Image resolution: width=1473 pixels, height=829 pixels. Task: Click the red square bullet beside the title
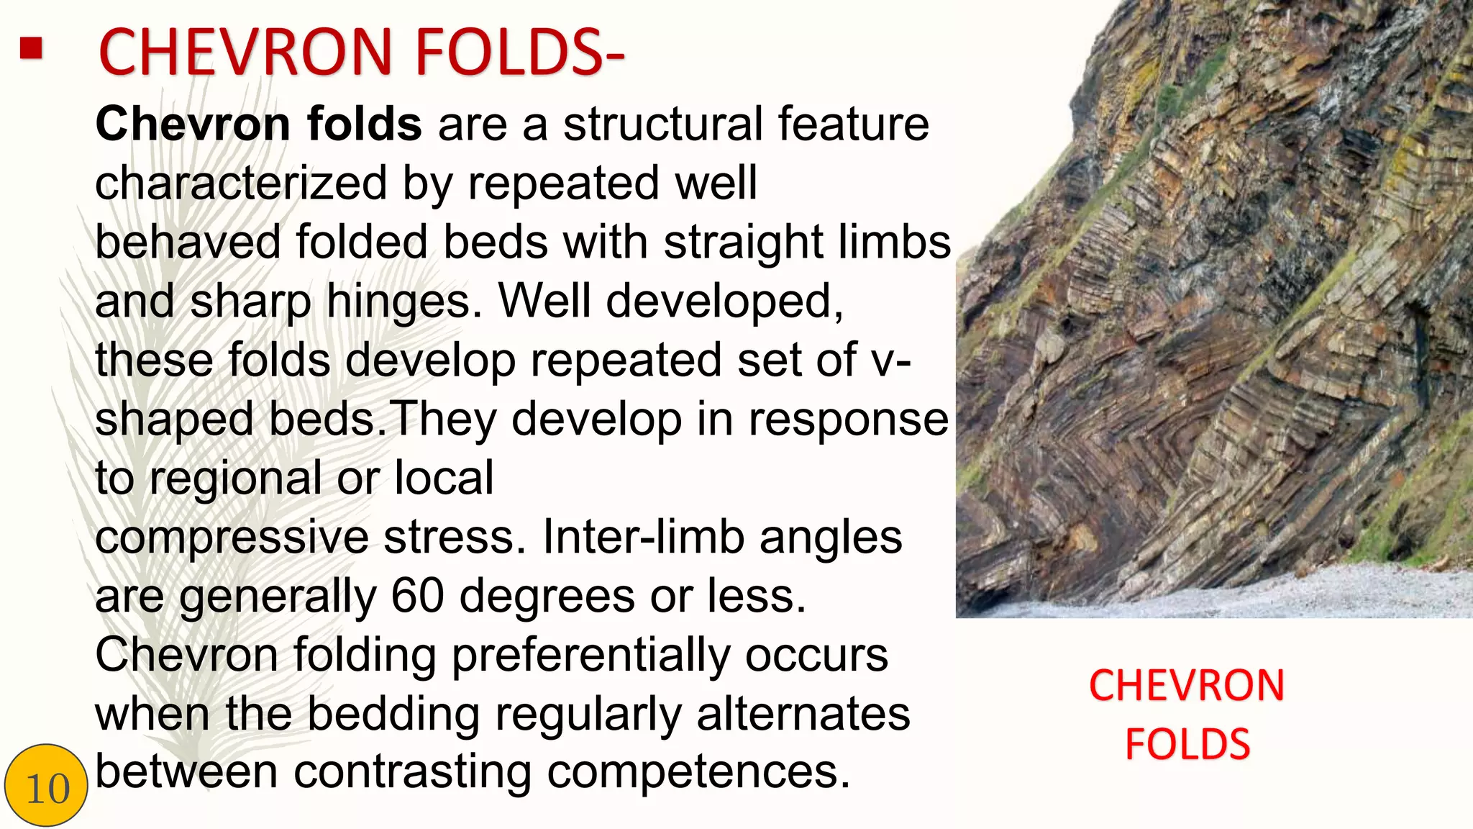(x=31, y=50)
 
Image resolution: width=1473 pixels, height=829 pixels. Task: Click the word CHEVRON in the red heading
(x=245, y=53)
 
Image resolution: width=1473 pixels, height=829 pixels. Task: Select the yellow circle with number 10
(x=46, y=786)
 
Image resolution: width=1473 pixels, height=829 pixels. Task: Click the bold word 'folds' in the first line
(x=364, y=124)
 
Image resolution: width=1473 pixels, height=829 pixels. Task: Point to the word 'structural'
(x=662, y=124)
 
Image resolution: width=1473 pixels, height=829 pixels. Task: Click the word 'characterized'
(x=241, y=184)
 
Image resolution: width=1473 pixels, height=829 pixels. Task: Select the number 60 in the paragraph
(x=418, y=596)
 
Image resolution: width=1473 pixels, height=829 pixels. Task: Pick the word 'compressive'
(x=232, y=538)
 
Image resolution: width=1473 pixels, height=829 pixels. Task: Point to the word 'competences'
(x=698, y=772)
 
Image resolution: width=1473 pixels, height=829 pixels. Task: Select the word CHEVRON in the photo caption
(x=1186, y=686)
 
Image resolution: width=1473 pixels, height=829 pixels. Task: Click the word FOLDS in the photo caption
(x=1187, y=744)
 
